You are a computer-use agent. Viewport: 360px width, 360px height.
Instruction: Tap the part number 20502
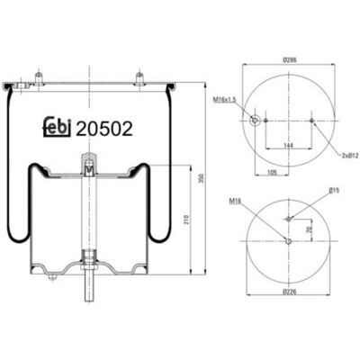104,129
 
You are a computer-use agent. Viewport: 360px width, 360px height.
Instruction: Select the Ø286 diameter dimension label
290,60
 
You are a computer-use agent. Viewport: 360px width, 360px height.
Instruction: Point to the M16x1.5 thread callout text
225,98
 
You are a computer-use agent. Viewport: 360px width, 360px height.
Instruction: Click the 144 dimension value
288,146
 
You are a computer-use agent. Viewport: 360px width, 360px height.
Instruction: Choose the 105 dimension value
272,173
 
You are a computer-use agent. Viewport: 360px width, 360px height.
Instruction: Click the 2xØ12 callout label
350,156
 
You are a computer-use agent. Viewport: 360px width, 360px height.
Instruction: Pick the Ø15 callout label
334,190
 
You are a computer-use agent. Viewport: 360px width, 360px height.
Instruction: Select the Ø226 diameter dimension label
289,292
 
